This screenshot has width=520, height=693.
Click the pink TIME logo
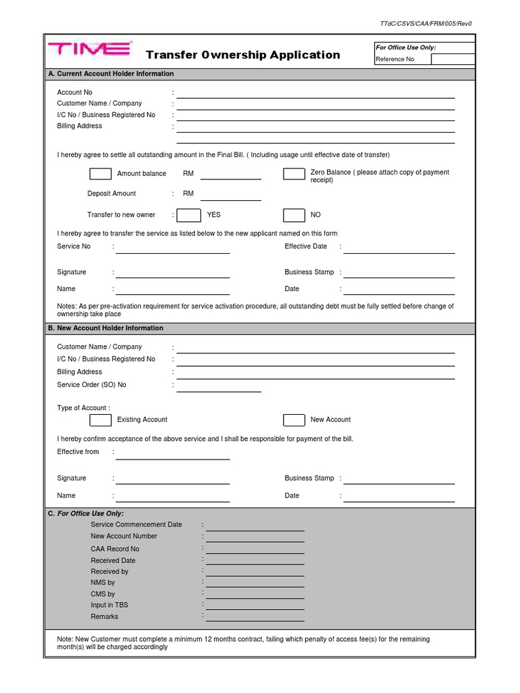pyautogui.click(x=89, y=49)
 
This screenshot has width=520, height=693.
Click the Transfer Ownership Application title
pyautogui.click(x=243, y=55)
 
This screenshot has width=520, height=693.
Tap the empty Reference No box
pyautogui.click(x=453, y=59)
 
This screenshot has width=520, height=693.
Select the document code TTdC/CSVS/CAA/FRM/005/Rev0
pyautogui.click(x=426, y=24)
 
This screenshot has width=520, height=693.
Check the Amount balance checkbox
pyautogui.click(x=100, y=174)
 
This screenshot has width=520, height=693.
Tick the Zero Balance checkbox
pyautogui.click(x=294, y=174)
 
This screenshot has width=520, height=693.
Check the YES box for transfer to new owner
pyautogui.click(x=189, y=215)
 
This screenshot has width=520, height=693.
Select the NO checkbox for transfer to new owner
pyautogui.click(x=294, y=215)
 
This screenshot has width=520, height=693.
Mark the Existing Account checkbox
pyautogui.click(x=100, y=420)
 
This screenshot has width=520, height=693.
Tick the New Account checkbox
pyautogui.click(x=294, y=420)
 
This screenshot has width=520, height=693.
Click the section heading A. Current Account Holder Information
pyautogui.click(x=110, y=74)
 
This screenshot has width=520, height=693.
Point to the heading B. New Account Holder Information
pyautogui.click(x=105, y=328)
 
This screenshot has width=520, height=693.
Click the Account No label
pyautogui.click(x=74, y=92)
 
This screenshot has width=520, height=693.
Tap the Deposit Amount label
pyautogui.click(x=112, y=194)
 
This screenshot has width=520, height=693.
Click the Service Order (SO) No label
pyautogui.click(x=91, y=384)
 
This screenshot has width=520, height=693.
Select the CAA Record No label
pyautogui.click(x=115, y=549)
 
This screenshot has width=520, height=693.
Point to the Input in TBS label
pyautogui.click(x=109, y=605)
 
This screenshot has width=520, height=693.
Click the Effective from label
pyautogui.click(x=78, y=451)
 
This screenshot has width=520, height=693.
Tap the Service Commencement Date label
pyautogui.click(x=136, y=524)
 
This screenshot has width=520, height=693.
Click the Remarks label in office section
pyautogui.click(x=104, y=617)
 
